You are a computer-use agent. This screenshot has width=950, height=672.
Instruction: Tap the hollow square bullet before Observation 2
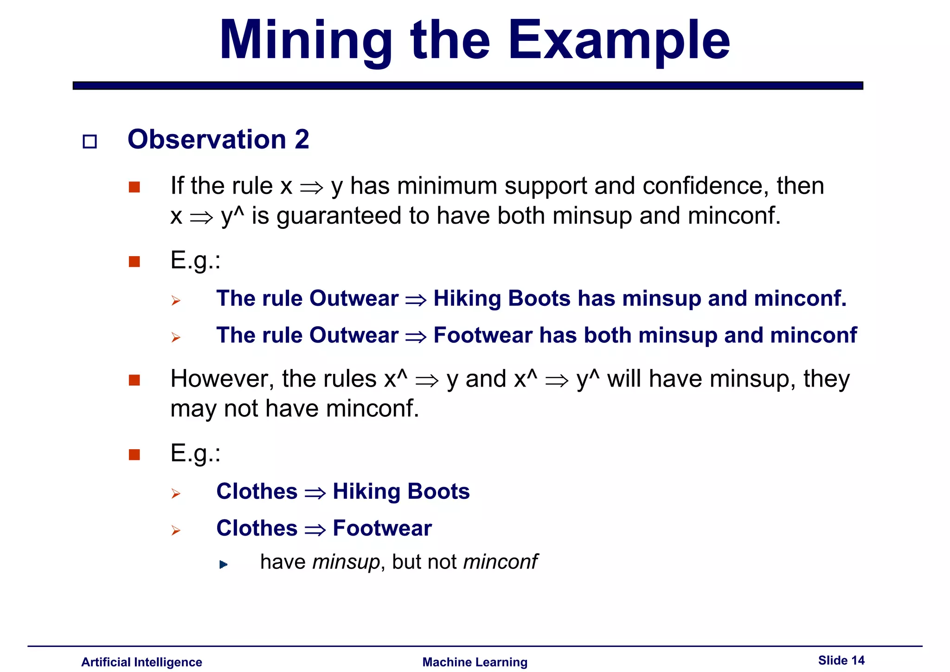90,141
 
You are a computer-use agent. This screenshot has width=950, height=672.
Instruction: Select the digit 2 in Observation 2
302,139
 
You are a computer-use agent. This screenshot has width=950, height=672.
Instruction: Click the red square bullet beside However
135,380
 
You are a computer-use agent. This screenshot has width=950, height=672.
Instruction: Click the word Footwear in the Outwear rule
482,335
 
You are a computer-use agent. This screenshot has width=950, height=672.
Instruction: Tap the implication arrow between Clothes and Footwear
315,530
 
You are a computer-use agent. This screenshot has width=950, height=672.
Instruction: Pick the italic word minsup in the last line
346,562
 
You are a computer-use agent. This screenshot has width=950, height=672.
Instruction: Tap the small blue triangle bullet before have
223,564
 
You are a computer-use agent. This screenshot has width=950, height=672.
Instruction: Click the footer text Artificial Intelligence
141,662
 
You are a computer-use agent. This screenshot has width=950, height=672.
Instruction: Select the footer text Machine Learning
475,662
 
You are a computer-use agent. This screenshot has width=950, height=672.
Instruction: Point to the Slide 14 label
841,660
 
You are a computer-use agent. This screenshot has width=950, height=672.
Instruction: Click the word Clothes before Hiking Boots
257,491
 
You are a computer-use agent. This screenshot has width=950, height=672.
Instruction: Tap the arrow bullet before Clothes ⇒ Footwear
175,530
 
